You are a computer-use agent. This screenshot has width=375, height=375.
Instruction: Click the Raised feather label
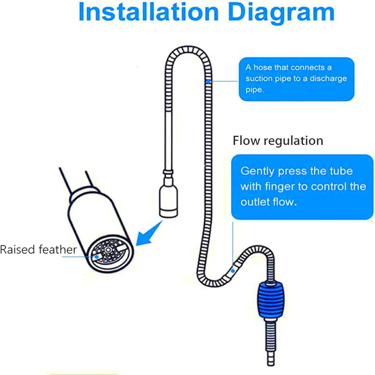point(38,249)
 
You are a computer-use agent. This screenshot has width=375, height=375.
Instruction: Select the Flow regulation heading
point(278,140)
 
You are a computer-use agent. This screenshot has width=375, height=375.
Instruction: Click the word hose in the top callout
point(263,67)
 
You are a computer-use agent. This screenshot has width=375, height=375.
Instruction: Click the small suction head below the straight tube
point(168,200)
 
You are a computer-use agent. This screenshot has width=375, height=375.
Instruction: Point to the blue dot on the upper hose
point(208,81)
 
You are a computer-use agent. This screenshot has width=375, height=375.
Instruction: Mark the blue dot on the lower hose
point(233,270)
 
